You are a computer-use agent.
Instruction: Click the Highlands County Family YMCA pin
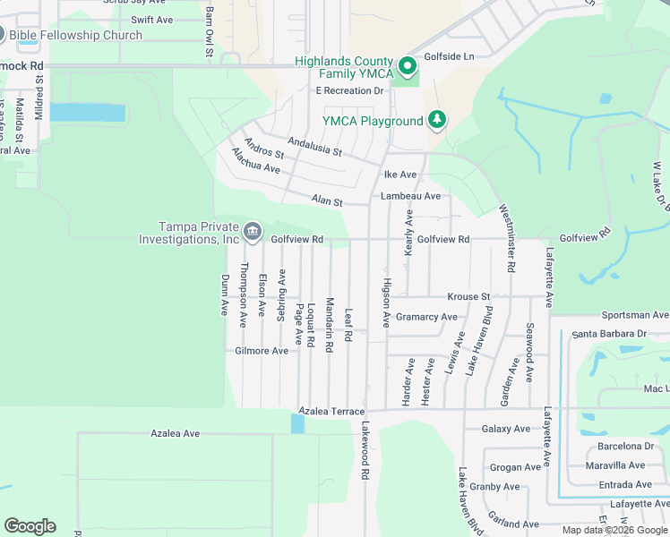tap(408, 66)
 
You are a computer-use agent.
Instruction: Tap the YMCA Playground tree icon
tap(436, 120)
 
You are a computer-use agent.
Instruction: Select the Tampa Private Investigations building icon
tap(253, 233)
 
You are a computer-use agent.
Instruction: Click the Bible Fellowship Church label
tap(77, 36)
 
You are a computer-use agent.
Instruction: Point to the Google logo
tap(30, 526)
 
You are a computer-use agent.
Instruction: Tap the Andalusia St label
tap(314, 147)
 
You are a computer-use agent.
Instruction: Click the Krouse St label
tap(469, 296)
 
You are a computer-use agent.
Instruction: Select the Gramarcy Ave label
tap(426, 317)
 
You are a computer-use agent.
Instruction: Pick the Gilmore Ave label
tap(262, 351)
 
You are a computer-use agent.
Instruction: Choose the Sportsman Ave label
tap(634, 316)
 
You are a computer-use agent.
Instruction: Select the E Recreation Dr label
tap(348, 90)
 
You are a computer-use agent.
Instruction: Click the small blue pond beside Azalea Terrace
tap(297, 423)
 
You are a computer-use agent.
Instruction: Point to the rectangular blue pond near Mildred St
tap(88, 113)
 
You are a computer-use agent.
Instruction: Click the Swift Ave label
tap(152, 20)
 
